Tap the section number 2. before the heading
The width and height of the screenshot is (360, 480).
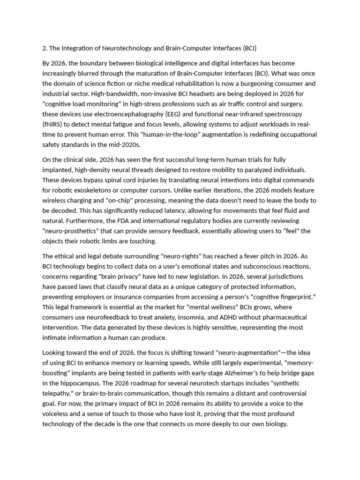(x=45, y=48)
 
